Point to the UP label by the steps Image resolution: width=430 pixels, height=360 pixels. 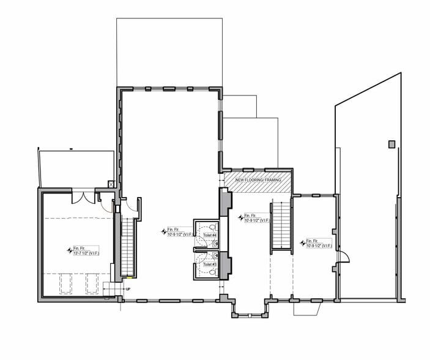tap(128, 289)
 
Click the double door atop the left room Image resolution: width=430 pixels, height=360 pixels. tap(82, 197)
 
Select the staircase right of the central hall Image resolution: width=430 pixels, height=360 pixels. tap(280, 225)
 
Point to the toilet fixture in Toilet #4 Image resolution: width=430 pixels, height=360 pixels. tap(212, 227)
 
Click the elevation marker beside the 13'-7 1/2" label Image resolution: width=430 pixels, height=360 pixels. tap(69, 250)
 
